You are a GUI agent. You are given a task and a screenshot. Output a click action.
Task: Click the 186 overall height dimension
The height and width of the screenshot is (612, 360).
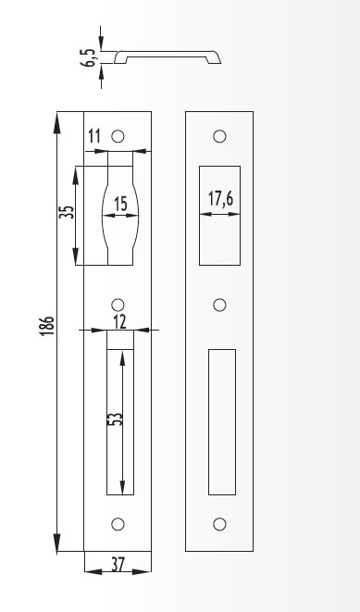tap(47, 326)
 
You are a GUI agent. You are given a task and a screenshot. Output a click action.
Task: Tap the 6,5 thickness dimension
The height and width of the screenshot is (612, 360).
tap(89, 57)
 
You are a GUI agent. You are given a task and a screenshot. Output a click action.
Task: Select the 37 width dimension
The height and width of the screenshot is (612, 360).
tap(118, 565)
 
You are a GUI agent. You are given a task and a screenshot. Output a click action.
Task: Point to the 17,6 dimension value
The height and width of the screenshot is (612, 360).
tap(220, 199)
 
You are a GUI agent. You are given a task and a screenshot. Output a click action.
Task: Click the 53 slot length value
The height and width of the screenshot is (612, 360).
tap(115, 418)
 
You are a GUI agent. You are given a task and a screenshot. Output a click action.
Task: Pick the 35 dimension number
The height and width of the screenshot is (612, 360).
tap(68, 212)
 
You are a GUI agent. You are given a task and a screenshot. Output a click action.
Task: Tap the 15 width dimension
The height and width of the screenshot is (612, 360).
tap(121, 204)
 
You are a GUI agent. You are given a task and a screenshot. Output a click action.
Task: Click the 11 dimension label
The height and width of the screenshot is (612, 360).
tap(94, 137)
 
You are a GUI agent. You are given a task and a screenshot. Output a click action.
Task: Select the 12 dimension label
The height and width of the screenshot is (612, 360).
tap(120, 322)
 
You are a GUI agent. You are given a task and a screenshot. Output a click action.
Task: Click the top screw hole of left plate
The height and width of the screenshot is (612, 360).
tap(118, 136)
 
